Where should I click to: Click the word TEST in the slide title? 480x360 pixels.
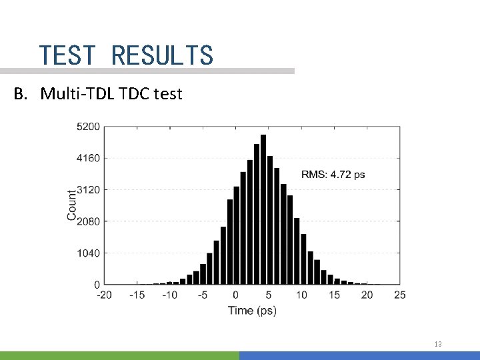tap(67, 55)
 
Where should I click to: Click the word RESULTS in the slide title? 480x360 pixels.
tap(162, 55)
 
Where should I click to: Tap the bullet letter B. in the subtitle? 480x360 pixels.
tap(23, 94)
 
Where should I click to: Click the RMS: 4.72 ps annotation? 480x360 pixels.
tap(333, 175)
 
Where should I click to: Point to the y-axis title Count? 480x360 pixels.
tap(72, 205)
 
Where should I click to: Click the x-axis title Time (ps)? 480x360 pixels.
tap(252, 310)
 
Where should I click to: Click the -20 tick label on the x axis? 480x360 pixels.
tap(104, 295)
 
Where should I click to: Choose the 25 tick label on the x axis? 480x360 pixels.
tap(399, 295)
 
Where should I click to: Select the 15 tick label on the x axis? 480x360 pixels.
tap(334, 295)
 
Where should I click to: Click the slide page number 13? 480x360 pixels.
tap(437, 344)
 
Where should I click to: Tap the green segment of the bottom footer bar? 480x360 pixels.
tap(119, 356)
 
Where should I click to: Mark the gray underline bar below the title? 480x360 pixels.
tap(147, 71)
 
